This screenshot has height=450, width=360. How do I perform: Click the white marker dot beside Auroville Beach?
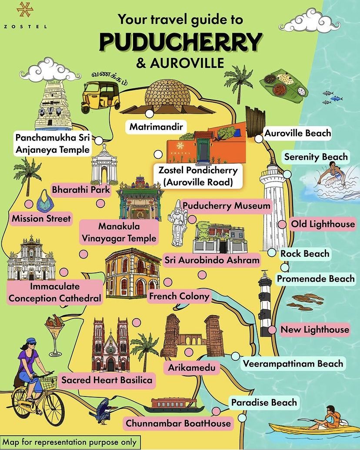coord(259,138)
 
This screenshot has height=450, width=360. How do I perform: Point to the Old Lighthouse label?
coord(323,224)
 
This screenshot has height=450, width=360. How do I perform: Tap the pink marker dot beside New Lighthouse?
coord(272,330)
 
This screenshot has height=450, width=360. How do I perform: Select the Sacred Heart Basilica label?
coord(107,380)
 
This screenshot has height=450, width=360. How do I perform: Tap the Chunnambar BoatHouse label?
coord(178,423)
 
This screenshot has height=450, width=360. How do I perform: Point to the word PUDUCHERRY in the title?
coord(180,42)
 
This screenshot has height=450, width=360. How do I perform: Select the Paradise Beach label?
coord(263,402)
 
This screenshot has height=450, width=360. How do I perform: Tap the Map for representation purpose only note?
coord(70,442)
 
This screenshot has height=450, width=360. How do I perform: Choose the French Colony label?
coord(179,296)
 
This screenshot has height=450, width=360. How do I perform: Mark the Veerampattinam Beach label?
coord(293,363)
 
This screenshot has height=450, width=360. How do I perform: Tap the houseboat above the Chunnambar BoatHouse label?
coord(177,406)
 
